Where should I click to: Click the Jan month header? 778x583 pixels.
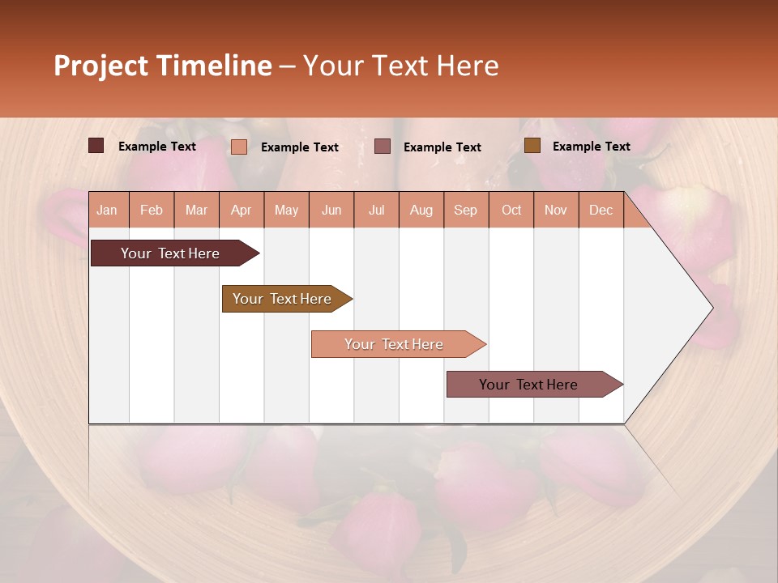(107, 210)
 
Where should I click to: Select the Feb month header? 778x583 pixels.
(152, 210)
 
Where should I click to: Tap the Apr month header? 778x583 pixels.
(241, 210)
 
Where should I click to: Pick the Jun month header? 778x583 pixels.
(331, 210)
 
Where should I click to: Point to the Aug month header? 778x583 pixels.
(421, 210)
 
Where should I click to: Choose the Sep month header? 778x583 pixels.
(465, 210)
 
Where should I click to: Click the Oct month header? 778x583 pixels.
(511, 210)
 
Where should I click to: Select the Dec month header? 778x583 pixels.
(601, 210)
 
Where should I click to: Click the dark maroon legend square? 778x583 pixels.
(96, 146)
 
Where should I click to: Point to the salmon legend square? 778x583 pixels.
(239, 147)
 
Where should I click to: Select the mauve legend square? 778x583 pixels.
(383, 146)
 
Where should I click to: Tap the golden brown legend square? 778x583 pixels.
(532, 146)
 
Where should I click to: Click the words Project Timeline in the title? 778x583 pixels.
(162, 66)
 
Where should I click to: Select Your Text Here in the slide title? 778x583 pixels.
(400, 66)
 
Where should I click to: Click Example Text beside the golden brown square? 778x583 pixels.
(591, 147)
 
